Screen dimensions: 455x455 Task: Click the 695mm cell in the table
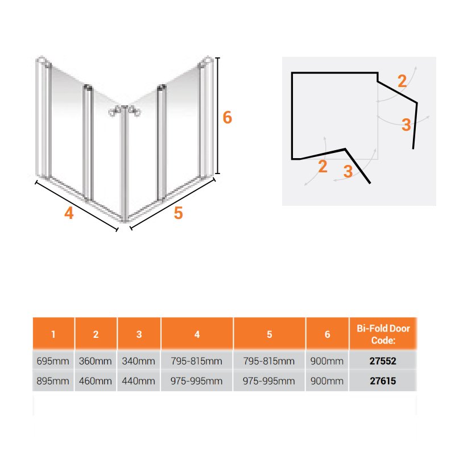click(x=53, y=361)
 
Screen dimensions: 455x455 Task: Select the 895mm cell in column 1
click(x=53, y=380)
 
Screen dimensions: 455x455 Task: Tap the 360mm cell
click(x=95, y=361)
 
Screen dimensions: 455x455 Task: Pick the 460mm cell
click(x=95, y=380)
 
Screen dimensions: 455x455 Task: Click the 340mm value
click(x=138, y=361)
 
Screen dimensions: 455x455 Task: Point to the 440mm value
click(x=138, y=380)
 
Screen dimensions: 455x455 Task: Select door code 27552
click(x=383, y=361)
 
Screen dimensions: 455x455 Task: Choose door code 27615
click(x=383, y=380)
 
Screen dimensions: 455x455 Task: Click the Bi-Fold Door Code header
click(x=383, y=334)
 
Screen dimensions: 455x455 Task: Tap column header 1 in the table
click(x=53, y=334)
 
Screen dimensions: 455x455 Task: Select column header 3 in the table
click(x=139, y=334)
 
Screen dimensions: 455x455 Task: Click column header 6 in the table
click(x=328, y=334)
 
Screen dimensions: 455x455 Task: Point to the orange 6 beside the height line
click(x=227, y=118)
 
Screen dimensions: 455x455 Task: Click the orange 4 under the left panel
click(x=69, y=213)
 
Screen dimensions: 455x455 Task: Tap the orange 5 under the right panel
click(x=178, y=213)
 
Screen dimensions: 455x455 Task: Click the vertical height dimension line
click(x=218, y=115)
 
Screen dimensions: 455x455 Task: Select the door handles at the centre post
click(x=125, y=111)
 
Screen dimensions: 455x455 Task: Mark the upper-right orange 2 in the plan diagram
click(x=402, y=81)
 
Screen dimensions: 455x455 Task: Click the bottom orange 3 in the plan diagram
click(x=348, y=171)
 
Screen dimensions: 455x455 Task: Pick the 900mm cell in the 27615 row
click(x=326, y=380)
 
